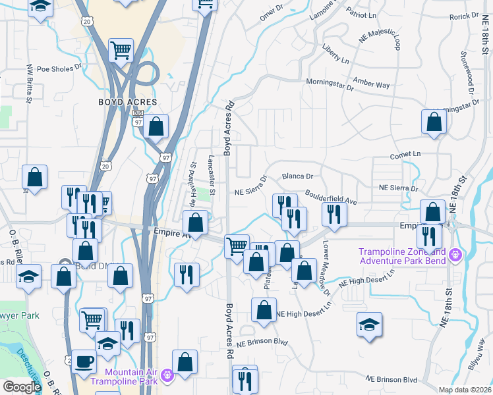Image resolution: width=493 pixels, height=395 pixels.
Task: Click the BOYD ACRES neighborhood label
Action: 128,102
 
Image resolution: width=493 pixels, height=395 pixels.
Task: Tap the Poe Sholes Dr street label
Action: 59,67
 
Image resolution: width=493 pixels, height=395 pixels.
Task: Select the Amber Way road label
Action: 372,84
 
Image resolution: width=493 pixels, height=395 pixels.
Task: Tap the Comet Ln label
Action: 405,153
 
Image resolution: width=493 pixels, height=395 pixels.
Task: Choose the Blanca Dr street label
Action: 297,176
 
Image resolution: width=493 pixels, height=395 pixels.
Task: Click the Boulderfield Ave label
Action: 330,196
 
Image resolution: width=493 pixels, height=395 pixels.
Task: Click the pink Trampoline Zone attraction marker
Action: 455,253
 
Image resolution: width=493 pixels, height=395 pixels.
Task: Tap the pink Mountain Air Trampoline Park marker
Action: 167,375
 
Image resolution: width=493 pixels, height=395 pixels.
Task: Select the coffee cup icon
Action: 84,361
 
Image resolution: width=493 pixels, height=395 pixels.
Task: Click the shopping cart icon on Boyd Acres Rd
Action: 237,247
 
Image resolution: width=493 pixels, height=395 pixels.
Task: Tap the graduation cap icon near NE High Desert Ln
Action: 369,325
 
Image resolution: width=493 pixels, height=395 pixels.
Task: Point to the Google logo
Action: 22,387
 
